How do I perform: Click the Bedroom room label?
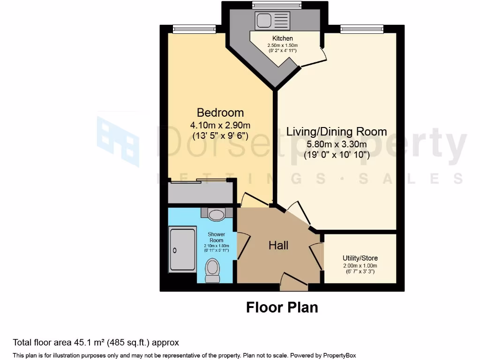(x=220, y=112)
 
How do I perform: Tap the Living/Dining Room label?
(x=336, y=131)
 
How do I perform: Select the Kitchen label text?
(x=282, y=38)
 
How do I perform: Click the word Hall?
(x=278, y=245)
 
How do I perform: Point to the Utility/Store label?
(x=360, y=258)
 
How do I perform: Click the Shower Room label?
(x=216, y=237)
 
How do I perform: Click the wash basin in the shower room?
(x=216, y=215)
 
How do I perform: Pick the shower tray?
(x=182, y=248)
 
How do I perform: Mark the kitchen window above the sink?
(x=271, y=5)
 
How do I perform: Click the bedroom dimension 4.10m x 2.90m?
(x=220, y=125)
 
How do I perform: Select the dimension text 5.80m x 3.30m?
(x=336, y=144)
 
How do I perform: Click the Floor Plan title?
(x=282, y=307)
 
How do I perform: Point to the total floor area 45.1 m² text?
(x=96, y=343)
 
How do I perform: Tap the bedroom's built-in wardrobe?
(x=201, y=192)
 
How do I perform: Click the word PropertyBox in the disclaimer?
(x=340, y=355)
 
